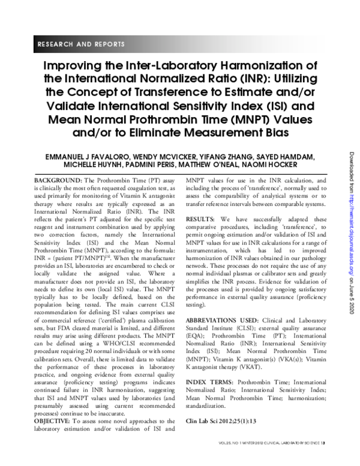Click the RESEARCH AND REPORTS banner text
coord(81,44)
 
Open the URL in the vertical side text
coord(350,240)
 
